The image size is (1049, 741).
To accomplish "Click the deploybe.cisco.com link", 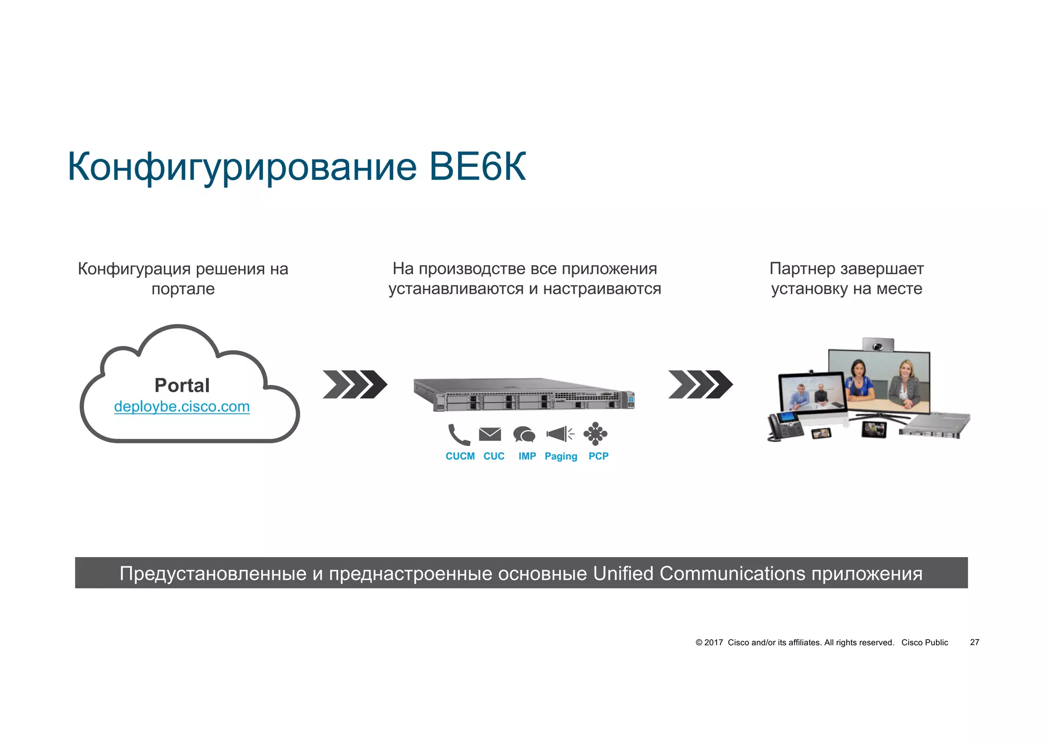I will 182,407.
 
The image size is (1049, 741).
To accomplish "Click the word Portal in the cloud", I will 182,385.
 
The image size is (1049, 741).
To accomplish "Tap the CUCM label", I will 460,456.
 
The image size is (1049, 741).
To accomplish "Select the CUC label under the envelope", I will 494,456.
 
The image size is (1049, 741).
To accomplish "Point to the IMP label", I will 527,456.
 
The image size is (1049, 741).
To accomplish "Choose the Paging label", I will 561,456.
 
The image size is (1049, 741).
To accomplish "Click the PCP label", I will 598,456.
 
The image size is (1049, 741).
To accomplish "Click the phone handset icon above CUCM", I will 458,434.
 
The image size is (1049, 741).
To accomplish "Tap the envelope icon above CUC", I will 490,434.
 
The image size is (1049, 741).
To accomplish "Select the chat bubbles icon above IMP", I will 524,434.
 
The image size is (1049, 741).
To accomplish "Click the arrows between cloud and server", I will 354,384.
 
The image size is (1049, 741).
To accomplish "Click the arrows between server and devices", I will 700,384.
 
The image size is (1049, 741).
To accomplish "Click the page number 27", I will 974,642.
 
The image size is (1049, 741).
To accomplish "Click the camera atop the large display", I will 878,345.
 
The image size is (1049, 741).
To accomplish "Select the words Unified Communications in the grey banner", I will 699,573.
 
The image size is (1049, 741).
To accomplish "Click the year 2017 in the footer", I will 714,643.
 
